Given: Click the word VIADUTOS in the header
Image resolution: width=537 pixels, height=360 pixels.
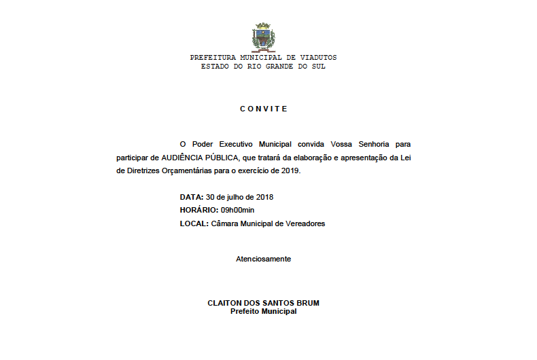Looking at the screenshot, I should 315,58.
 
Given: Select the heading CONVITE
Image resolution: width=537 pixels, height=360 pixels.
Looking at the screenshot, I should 264,109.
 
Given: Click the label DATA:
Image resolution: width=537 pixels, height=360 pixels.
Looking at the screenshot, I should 192,197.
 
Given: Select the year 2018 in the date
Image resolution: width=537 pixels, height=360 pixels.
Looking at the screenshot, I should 262,197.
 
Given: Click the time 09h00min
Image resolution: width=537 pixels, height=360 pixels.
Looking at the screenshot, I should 237,210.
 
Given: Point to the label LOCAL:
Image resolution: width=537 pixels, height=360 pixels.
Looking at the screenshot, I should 194,223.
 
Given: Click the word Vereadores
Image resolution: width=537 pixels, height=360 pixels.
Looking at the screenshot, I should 305,223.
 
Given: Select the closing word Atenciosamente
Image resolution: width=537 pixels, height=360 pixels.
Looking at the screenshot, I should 263,259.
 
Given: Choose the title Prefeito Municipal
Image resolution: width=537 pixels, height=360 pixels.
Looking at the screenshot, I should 263,311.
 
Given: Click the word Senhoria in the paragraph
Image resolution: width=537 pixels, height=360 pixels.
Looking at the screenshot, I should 375,144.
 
